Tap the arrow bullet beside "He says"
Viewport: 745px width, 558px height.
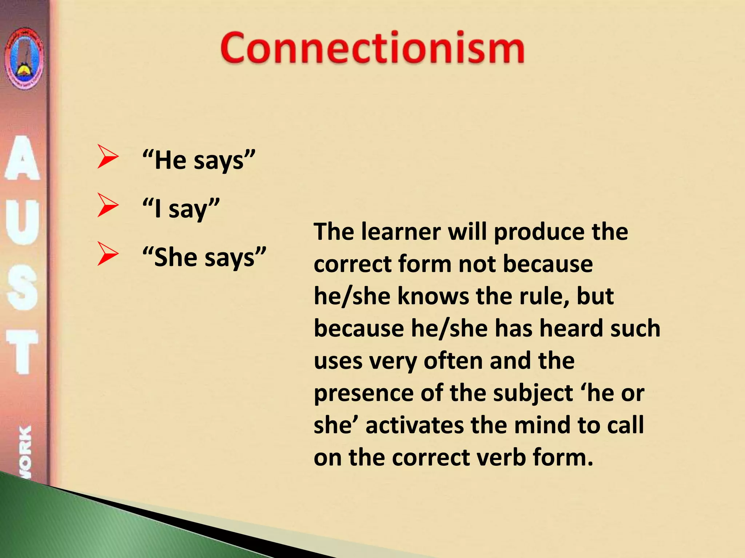click(x=107, y=157)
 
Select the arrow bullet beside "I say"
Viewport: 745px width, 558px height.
click(x=107, y=205)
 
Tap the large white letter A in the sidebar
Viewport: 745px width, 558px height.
click(x=23, y=158)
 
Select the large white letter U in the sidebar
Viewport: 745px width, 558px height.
click(x=23, y=222)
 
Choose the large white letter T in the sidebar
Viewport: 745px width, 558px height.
click(x=23, y=352)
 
